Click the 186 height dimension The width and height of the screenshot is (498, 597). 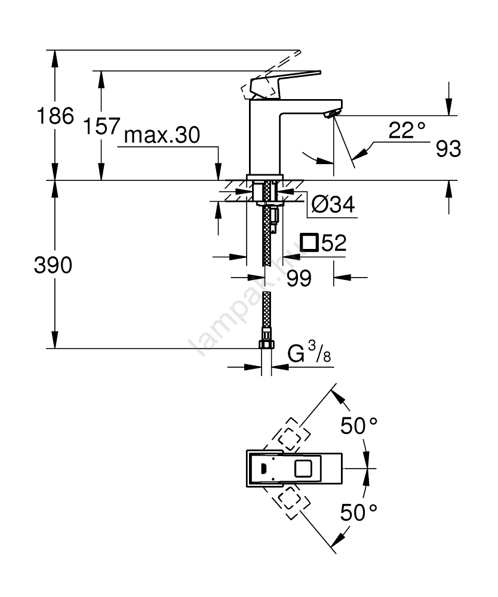point(56,116)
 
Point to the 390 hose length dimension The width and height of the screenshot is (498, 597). point(52,265)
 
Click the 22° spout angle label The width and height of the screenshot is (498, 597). point(407,131)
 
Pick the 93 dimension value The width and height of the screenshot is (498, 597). point(448,149)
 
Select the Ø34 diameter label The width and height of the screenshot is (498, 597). point(333,205)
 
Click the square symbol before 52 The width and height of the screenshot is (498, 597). point(309,242)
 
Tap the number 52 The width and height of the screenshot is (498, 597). point(334,243)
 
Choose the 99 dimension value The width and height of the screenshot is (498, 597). point(299,278)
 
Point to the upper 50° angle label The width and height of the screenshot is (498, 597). point(359,426)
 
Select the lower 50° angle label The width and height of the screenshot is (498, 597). point(359,512)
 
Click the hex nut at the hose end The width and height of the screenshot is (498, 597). point(267,344)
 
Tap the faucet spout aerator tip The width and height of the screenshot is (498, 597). point(332,113)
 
